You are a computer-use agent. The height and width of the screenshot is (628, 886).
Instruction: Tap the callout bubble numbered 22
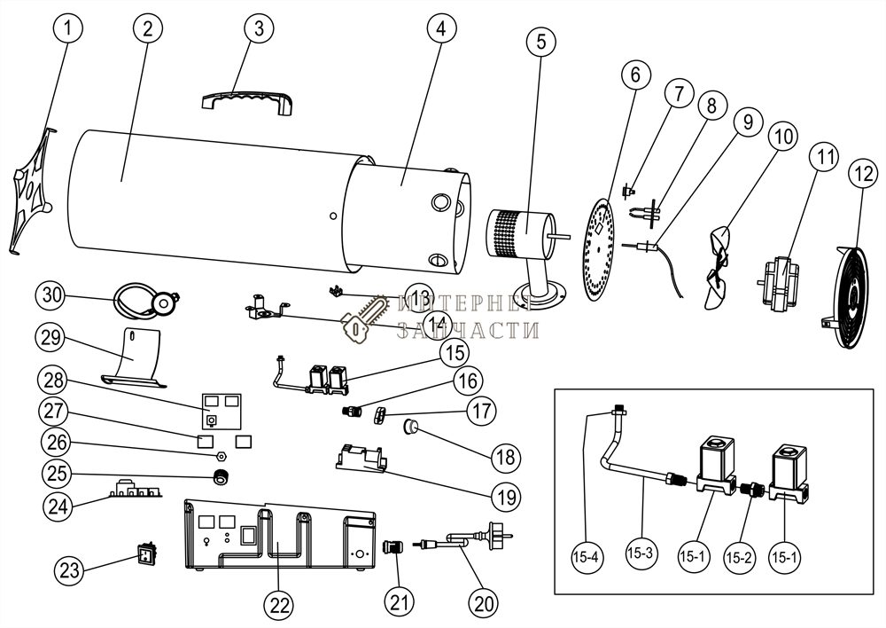(279, 607)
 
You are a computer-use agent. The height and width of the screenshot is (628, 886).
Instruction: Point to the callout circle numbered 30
(52, 294)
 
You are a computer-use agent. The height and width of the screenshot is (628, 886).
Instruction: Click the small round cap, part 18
(412, 427)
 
